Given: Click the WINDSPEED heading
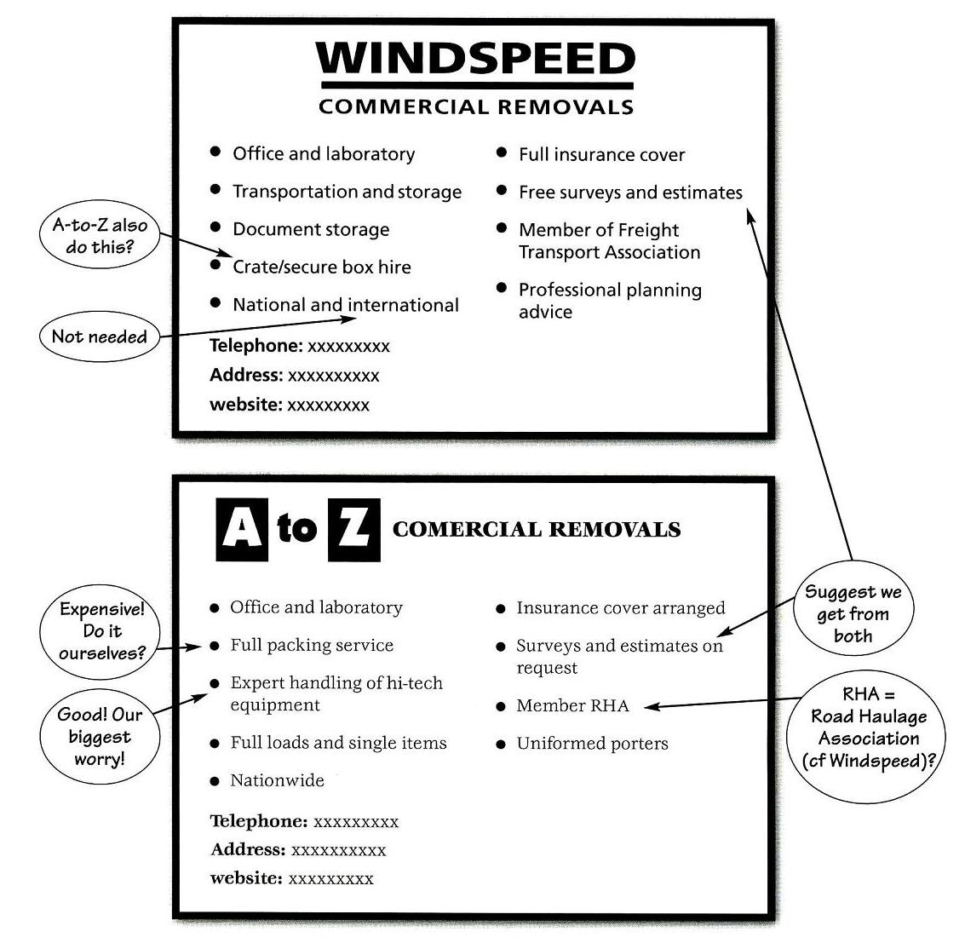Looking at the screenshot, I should [x=475, y=60].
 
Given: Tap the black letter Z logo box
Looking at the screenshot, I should [x=353, y=529].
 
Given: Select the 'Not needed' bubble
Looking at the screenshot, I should [x=99, y=336].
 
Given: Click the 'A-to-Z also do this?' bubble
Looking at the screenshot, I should [x=100, y=236].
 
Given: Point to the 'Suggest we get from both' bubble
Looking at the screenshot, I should [x=853, y=613].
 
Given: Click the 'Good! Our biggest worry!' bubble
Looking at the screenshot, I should [x=100, y=735].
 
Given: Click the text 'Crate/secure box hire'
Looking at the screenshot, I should [x=321, y=267].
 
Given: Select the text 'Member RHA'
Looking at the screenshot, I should [x=572, y=705].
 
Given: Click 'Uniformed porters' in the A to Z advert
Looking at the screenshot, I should [x=592, y=743].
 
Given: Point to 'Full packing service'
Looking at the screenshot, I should [x=312, y=645].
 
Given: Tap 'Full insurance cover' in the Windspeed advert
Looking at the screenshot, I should [x=601, y=155].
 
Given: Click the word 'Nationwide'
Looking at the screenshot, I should [x=277, y=780].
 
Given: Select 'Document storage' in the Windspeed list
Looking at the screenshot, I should [x=311, y=229].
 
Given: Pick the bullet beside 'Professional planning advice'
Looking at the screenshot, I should [x=502, y=289].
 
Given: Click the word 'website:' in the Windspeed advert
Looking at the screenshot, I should [x=245, y=405].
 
